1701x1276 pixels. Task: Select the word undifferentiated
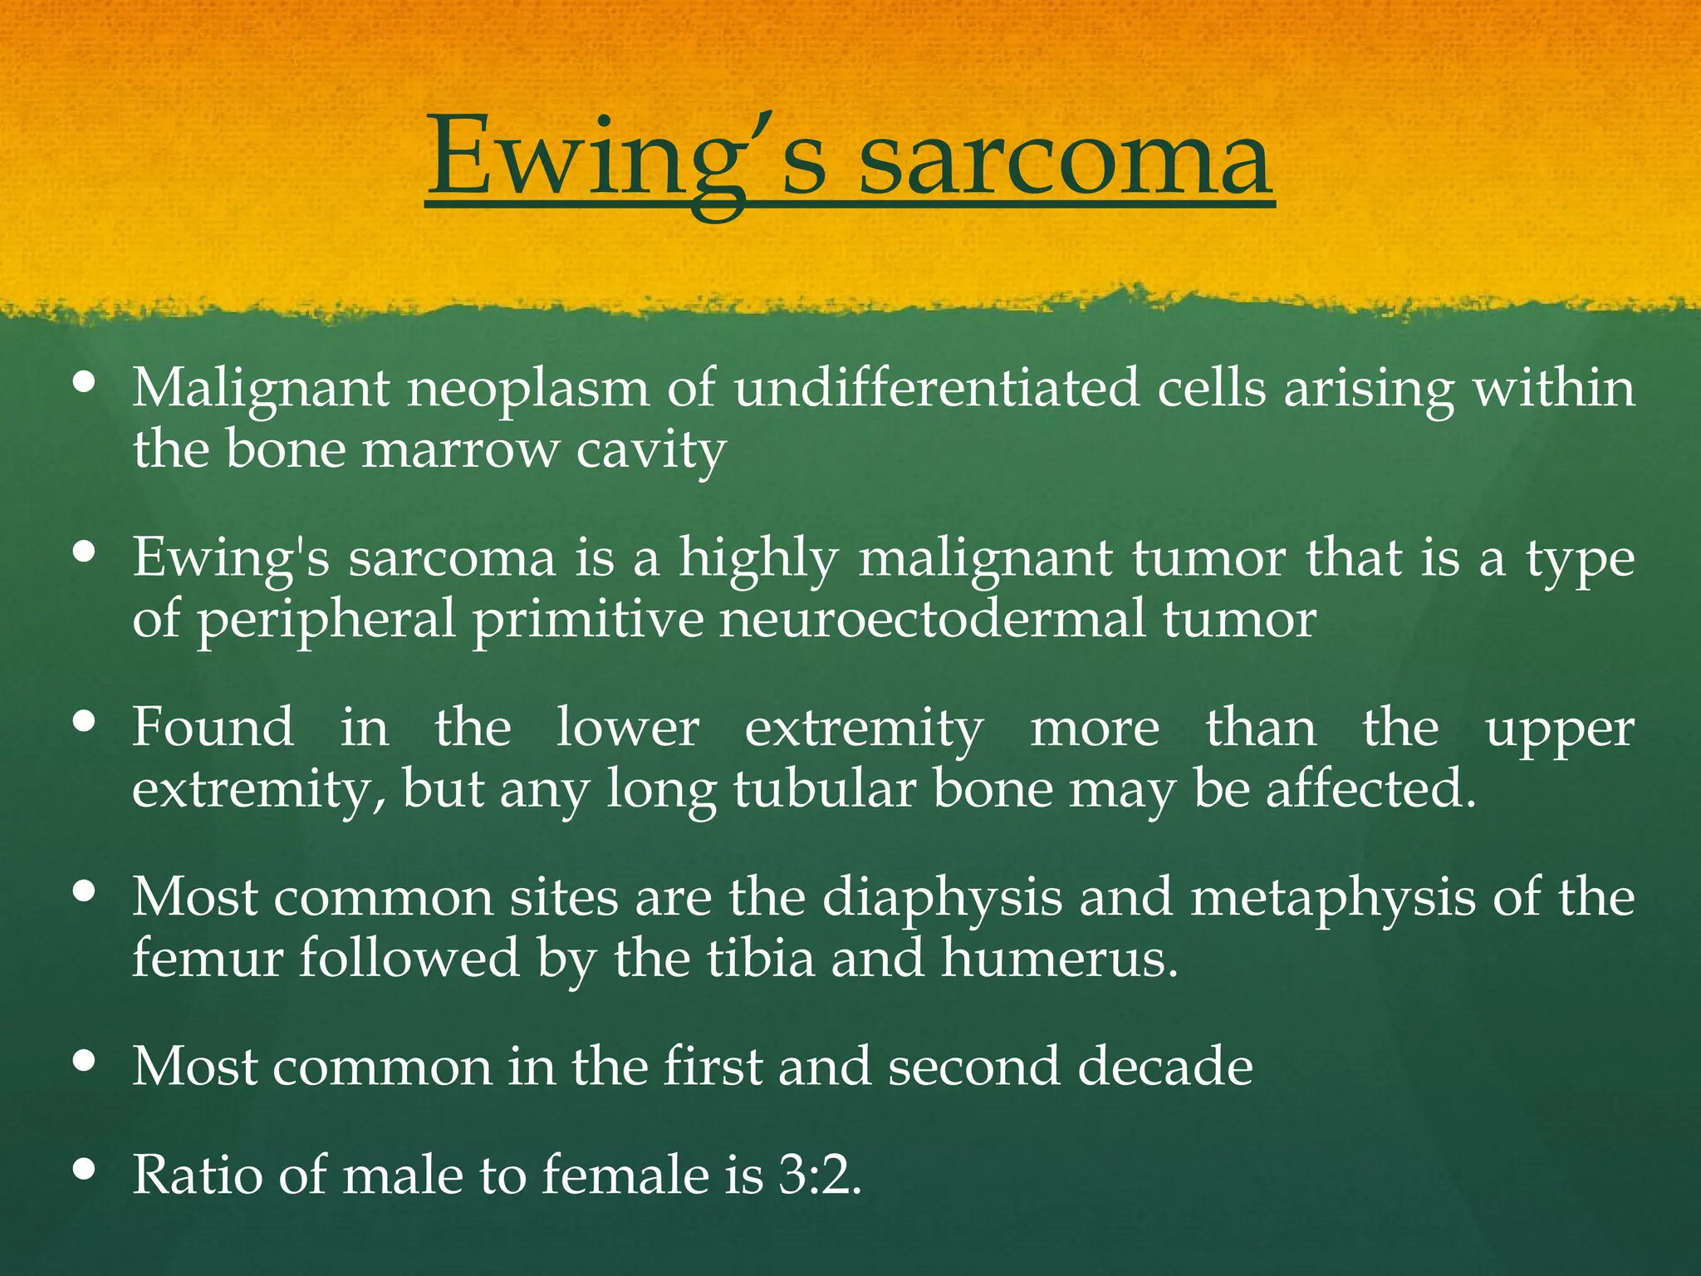tap(936, 388)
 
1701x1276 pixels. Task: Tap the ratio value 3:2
tap(819, 1175)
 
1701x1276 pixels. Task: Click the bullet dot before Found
tap(84, 720)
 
